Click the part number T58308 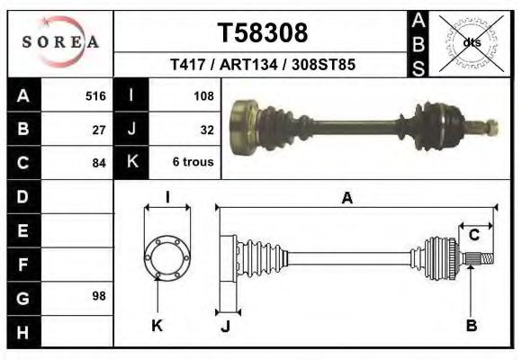coord(263,33)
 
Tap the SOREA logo coord(60,42)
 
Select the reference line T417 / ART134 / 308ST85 coord(262,66)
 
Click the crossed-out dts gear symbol coord(470,41)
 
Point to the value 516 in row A coord(95,95)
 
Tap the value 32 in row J coord(206,130)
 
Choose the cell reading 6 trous coord(193,164)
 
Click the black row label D coord(22,195)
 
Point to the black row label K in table coord(132,163)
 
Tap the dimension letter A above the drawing coord(346,199)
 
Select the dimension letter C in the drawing coord(473,235)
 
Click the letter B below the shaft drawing coord(472,326)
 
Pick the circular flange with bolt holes coord(167,256)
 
